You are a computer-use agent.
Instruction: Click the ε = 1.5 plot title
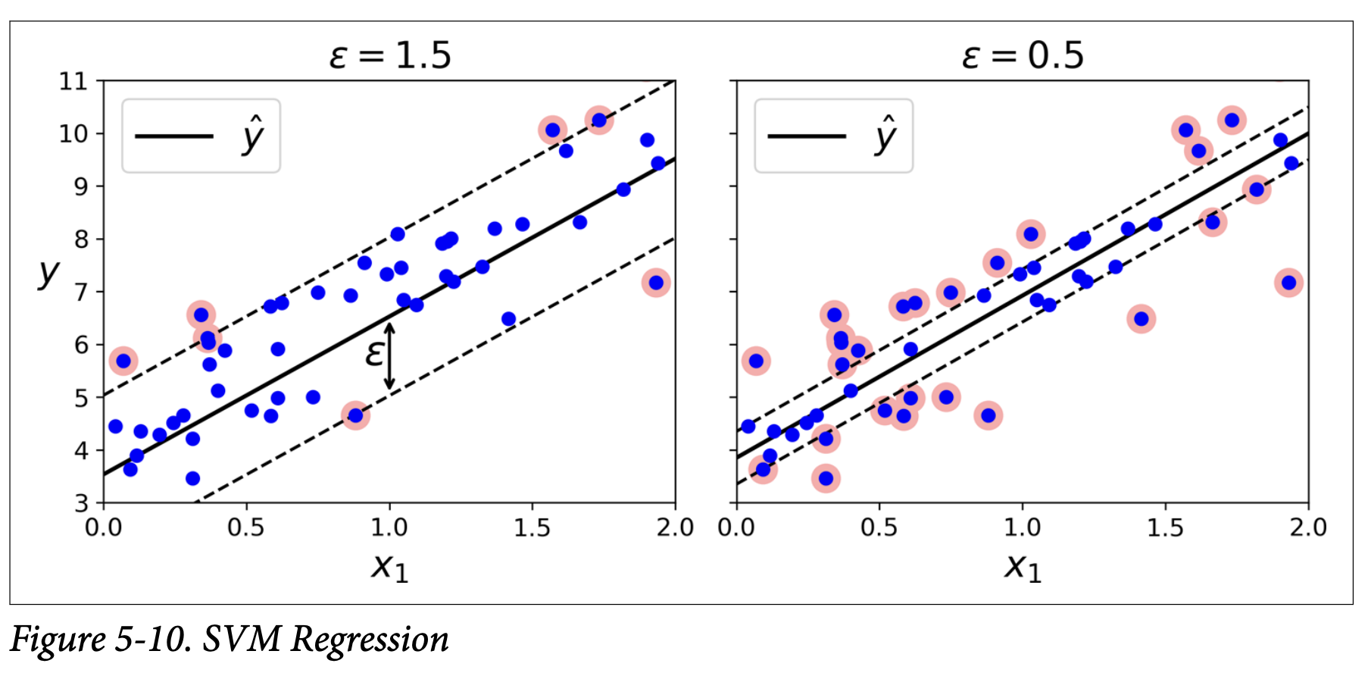pyautogui.click(x=390, y=55)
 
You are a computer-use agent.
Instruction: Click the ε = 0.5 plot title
pyautogui.click(x=1023, y=55)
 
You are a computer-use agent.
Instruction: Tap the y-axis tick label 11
pyautogui.click(x=73, y=81)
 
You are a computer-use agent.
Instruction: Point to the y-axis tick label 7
pyautogui.click(x=80, y=292)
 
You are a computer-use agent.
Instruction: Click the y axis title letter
pyautogui.click(x=48, y=272)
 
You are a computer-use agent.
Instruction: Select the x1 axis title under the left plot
pyautogui.click(x=389, y=567)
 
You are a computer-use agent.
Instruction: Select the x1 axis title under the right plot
pyautogui.click(x=1023, y=567)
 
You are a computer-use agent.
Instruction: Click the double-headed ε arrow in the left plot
pyautogui.click(x=389, y=356)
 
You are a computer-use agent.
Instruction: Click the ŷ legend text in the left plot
pyautogui.click(x=253, y=136)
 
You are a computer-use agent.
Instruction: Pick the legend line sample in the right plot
pyautogui.click(x=806, y=136)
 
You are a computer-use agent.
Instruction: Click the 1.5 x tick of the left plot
pyautogui.click(x=532, y=527)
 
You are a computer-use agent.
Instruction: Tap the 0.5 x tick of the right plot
pyautogui.click(x=879, y=527)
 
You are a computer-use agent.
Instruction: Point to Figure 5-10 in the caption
pyautogui.click(x=100, y=640)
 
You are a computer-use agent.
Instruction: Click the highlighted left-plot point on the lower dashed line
pyautogui.click(x=355, y=415)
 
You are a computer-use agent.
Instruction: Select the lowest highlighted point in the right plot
pyautogui.click(x=826, y=478)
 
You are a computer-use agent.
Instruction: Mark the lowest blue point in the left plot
pyautogui.click(x=192, y=478)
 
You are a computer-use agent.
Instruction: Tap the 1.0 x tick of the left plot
pyautogui.click(x=389, y=527)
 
